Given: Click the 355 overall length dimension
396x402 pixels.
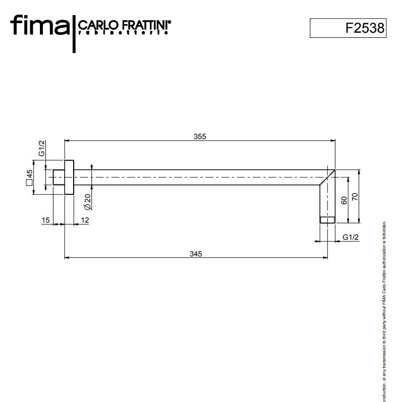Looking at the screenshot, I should [x=200, y=137].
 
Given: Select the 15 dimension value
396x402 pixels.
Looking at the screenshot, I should [x=46, y=220].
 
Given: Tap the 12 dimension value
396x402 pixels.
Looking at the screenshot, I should [x=84, y=220].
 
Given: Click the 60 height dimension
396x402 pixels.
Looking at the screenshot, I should [x=344, y=200].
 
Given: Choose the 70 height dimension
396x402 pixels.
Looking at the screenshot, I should [x=355, y=196].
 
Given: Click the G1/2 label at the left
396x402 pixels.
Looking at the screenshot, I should [x=42, y=149].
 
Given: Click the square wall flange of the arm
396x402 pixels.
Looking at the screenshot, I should [x=69, y=177].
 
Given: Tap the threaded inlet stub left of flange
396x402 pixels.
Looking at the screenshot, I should [x=59, y=177].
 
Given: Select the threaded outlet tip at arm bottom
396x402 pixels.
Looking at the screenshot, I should [x=327, y=219].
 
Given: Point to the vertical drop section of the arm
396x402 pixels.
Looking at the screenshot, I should [x=327, y=199].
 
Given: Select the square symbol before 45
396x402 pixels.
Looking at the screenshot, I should [x=30, y=183].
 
